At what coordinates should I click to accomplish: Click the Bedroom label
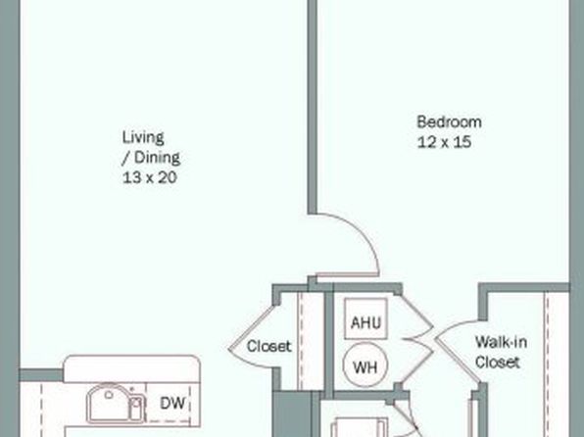point(449,122)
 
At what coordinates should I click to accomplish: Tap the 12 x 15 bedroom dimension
point(444,142)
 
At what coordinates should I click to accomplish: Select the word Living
point(143,137)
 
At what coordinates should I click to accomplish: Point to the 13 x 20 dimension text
point(149,177)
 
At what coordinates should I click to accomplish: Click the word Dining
point(157,158)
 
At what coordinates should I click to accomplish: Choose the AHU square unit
point(365,318)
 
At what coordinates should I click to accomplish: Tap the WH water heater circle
point(365,365)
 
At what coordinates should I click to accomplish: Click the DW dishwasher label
point(172,403)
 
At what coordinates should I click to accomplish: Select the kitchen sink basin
point(109,403)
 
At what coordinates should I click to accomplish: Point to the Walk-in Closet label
point(501,352)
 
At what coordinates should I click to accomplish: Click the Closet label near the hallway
point(268,347)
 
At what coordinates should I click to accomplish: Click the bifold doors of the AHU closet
point(417,339)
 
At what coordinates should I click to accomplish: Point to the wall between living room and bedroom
point(313,107)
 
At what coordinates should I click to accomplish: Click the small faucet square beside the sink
point(136,404)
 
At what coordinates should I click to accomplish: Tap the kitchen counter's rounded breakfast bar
point(131,368)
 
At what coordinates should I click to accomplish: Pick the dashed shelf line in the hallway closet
point(301,341)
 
